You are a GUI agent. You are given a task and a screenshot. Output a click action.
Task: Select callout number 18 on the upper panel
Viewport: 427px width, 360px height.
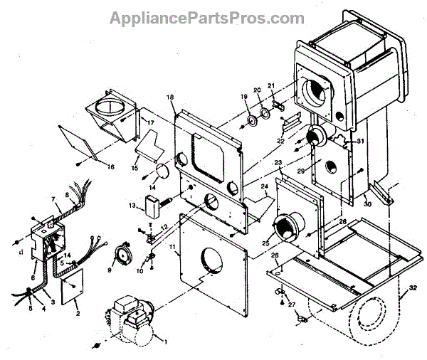[x=170, y=96]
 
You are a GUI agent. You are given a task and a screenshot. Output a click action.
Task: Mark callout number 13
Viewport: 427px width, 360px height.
[x=132, y=206]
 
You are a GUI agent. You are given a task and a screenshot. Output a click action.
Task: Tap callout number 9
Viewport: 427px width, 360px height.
[x=110, y=270]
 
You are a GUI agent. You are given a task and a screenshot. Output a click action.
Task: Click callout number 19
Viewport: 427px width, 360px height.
[x=244, y=96]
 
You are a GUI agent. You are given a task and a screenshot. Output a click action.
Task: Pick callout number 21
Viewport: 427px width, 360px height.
[x=271, y=86]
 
